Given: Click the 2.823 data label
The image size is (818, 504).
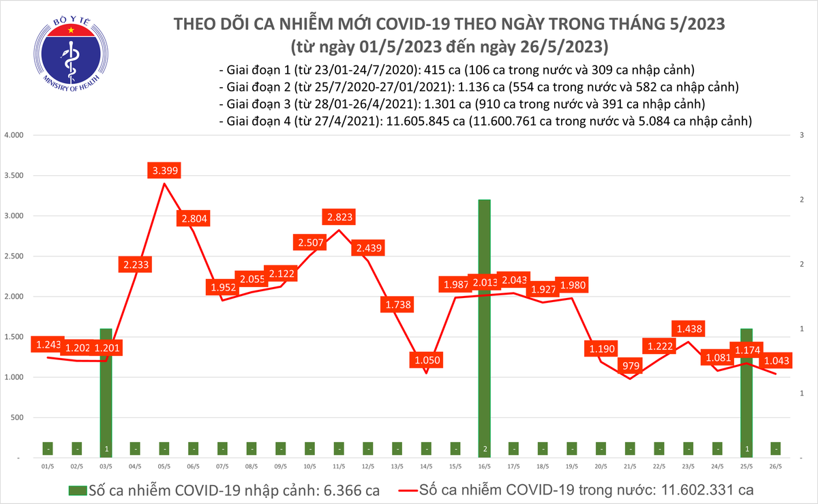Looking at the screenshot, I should coord(338,218).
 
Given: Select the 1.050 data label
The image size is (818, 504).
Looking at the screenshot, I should coord(425,359).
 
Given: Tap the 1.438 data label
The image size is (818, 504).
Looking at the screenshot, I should coord(688,328).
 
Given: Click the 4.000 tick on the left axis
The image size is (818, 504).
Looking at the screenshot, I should coord(14,135).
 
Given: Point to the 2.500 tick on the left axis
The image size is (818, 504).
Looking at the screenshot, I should coord(14,256).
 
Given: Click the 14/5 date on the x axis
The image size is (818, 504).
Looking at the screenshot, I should coord(425,467).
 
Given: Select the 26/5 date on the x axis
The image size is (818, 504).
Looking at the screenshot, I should coord(775,467).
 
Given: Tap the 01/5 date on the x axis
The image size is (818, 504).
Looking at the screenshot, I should coord(48,467).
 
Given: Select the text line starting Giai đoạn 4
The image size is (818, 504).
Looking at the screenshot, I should coord(485,121).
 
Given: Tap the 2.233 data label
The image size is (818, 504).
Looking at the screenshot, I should coord(135,265).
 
